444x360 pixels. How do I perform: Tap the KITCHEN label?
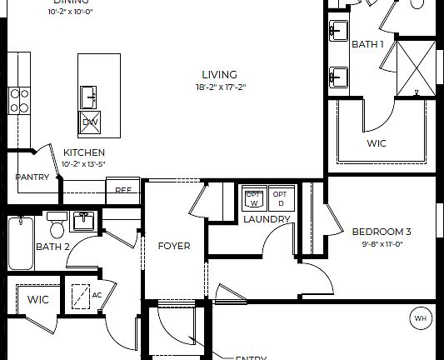84,152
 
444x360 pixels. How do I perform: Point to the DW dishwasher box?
90,123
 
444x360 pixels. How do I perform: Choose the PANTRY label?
32,177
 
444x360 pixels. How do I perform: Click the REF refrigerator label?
123,190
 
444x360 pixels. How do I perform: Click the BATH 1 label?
367,44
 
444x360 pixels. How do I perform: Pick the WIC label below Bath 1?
377,142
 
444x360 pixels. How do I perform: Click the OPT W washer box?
253,198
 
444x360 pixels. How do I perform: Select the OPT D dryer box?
280,198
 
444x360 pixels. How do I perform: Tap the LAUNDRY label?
267,219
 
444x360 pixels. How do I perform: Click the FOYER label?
174,246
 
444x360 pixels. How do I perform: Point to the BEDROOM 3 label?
382,232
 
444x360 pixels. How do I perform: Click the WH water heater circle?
419,317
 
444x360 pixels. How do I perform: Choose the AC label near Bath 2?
97,295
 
